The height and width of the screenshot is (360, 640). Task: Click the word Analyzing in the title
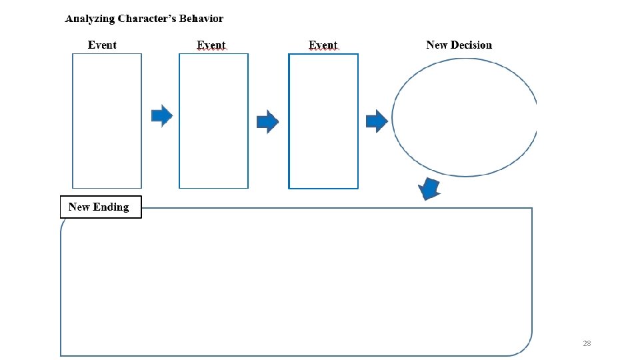(x=90, y=19)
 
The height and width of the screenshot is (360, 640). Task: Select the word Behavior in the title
(x=201, y=19)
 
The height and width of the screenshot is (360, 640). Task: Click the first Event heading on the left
(x=102, y=45)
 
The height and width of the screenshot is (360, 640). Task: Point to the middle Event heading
(x=211, y=45)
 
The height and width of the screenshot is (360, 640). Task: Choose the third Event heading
(x=323, y=45)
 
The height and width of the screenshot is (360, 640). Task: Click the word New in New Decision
(x=436, y=45)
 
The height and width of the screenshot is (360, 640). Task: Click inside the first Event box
(x=107, y=121)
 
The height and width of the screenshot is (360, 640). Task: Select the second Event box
(x=213, y=121)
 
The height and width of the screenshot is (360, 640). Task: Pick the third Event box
(x=323, y=121)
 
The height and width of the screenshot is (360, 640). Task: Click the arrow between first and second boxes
(x=161, y=116)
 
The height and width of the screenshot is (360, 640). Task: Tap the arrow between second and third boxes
(x=267, y=121)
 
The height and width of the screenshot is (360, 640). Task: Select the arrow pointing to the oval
(x=377, y=121)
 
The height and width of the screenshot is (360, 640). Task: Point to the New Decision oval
(x=465, y=118)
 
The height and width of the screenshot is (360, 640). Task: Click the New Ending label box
(x=101, y=207)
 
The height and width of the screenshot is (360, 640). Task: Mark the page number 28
(x=587, y=343)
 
